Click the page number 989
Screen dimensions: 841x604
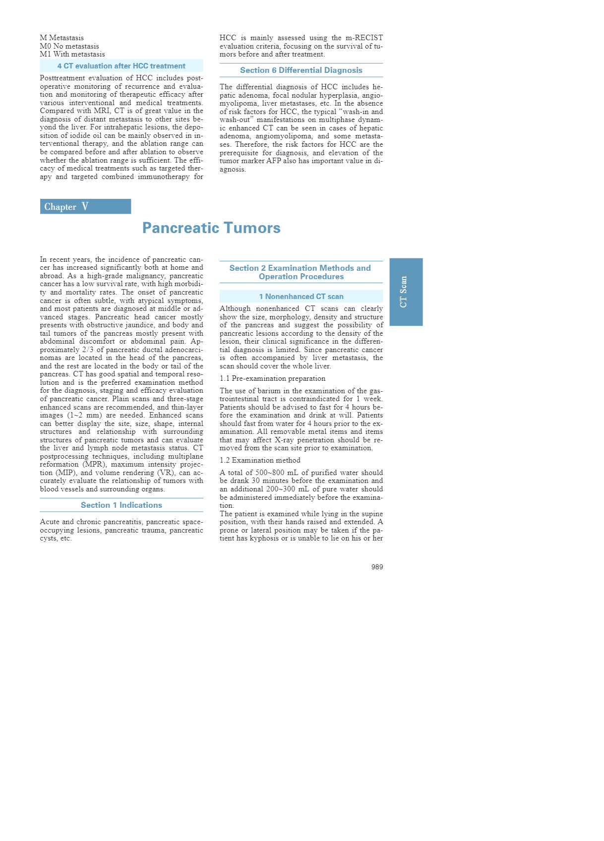377,567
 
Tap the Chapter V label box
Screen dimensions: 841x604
85,206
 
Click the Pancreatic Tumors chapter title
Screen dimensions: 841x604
211,228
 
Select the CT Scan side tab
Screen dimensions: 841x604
406,292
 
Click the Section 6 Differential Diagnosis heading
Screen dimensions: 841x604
301,70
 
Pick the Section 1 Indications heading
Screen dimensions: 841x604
121,505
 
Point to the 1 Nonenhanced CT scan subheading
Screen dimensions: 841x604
301,297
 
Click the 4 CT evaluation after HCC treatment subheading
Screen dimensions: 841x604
121,66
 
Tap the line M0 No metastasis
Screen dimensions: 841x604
69,46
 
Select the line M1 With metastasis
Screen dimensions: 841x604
72,54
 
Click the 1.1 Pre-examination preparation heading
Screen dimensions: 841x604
272,378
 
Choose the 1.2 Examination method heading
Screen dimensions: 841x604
260,460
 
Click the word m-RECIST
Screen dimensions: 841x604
364,38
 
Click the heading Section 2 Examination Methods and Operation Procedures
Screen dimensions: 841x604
301,272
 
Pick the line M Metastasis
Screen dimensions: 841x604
62,38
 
